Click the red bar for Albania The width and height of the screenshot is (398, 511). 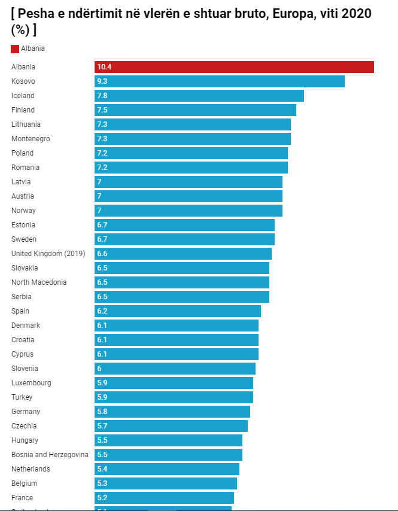pyautogui.click(x=234, y=67)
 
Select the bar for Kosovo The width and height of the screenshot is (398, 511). pyautogui.click(x=220, y=81)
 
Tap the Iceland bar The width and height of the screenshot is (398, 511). pyautogui.click(x=199, y=96)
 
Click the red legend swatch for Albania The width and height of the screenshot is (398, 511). pyautogui.click(x=15, y=48)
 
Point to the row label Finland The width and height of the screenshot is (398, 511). pyautogui.click(x=23, y=110)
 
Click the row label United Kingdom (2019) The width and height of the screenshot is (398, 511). pyautogui.click(x=48, y=254)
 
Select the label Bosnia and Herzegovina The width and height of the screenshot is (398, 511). pyautogui.click(x=50, y=455)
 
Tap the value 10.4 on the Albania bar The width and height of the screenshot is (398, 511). pyautogui.click(x=104, y=67)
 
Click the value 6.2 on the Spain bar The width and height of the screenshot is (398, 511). pyautogui.click(x=102, y=311)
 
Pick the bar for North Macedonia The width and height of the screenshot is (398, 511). pyautogui.click(x=182, y=282)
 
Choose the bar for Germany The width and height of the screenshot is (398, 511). pyautogui.click(x=172, y=412)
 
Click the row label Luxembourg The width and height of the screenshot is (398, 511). pyautogui.click(x=31, y=383)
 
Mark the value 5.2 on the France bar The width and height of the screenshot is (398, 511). pyautogui.click(x=102, y=498)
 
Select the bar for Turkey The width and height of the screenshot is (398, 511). pyautogui.click(x=174, y=397)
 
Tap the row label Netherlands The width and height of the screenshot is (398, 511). pyautogui.click(x=31, y=469)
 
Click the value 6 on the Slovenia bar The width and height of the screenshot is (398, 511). pyautogui.click(x=99, y=369)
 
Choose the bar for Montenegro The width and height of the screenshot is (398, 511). pyautogui.click(x=193, y=139)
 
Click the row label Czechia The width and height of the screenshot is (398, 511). pyautogui.click(x=24, y=426)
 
